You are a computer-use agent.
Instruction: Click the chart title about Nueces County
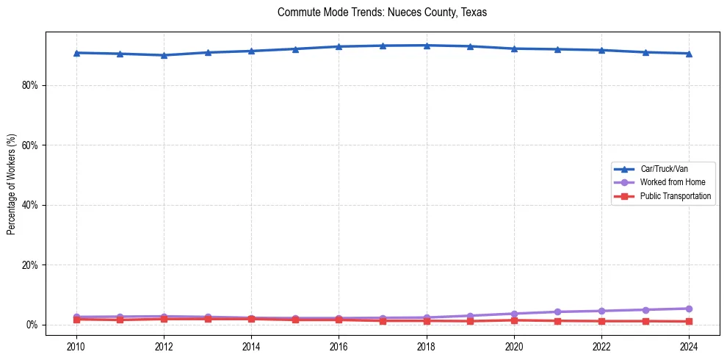click(x=383, y=12)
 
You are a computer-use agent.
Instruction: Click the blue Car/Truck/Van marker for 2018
click(x=427, y=46)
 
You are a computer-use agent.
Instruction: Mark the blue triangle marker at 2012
click(x=164, y=55)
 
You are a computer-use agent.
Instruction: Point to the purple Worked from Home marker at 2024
click(x=689, y=309)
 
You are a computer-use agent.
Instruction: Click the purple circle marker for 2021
click(x=558, y=312)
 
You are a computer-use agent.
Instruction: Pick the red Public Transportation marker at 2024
click(x=689, y=321)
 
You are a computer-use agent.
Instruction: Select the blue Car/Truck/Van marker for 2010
click(x=76, y=53)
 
